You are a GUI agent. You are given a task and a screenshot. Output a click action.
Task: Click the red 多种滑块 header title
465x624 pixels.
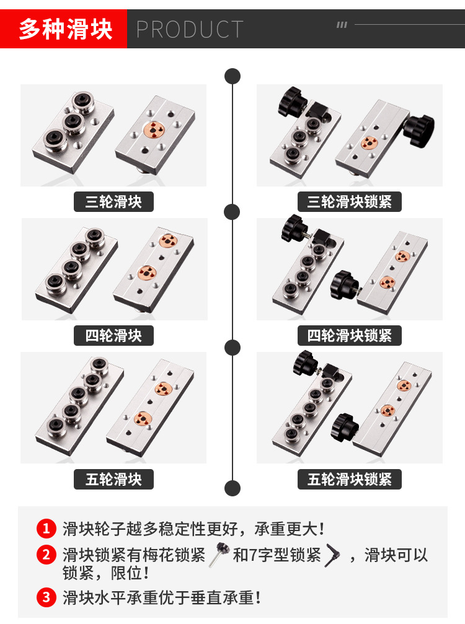(64, 29)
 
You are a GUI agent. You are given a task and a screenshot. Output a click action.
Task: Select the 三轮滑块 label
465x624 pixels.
(113, 201)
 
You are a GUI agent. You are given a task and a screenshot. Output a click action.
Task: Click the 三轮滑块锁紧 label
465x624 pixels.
(350, 201)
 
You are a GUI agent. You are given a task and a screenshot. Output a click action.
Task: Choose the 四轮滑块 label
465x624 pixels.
(113, 335)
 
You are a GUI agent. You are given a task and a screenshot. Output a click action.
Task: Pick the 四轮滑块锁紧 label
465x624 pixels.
(350, 335)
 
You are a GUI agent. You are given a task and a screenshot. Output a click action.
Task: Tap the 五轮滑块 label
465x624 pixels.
(113, 479)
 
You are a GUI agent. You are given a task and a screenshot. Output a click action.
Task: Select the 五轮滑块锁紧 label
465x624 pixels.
(350, 479)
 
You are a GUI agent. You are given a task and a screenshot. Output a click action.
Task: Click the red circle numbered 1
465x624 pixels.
(46, 529)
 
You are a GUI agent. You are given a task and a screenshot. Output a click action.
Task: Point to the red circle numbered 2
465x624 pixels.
(46, 555)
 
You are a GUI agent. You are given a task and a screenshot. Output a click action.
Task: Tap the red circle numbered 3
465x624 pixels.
(46, 597)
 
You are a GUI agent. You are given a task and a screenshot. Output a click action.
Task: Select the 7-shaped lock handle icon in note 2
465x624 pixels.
(332, 553)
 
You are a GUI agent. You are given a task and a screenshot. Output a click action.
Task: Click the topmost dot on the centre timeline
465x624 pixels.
(232, 76)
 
